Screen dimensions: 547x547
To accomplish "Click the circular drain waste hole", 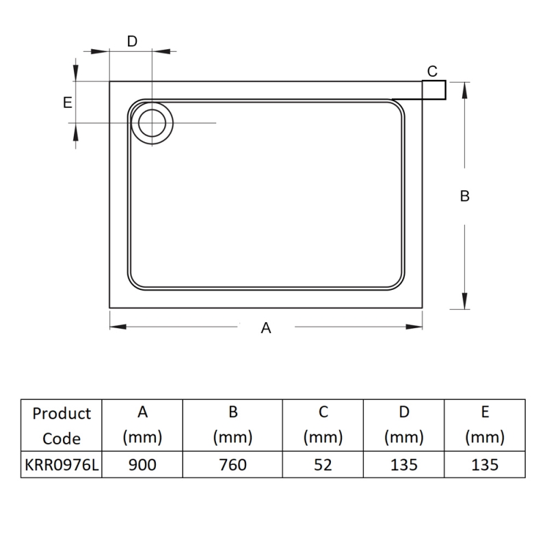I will coord(151,122).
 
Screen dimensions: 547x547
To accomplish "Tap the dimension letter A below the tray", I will coord(266,328).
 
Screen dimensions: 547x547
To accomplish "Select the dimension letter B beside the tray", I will coord(465,196).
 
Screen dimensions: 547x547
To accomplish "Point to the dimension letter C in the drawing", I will coord(432,71).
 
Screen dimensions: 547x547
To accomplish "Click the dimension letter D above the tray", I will coord(132,41).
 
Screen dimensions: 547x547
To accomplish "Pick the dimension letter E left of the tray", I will coord(67,103).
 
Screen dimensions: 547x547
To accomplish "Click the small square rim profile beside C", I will coord(433,90).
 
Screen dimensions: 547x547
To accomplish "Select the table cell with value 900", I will coord(142,465).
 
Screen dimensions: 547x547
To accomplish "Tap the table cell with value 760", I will coord(232,465).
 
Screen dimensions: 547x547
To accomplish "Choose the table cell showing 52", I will coord(323,465).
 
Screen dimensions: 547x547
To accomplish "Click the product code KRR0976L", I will coord(62,465).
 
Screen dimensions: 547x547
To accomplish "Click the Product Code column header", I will coord(62,425).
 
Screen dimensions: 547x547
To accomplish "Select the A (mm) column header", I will coord(142,425).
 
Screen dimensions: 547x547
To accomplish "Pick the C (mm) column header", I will coord(323,425).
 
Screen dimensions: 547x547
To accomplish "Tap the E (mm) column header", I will coord(484,425).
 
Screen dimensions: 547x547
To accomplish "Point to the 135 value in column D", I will coord(403,465).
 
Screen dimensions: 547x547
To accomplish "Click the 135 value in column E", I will coord(484,465).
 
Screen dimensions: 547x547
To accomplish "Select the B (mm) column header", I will coord(232,425).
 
